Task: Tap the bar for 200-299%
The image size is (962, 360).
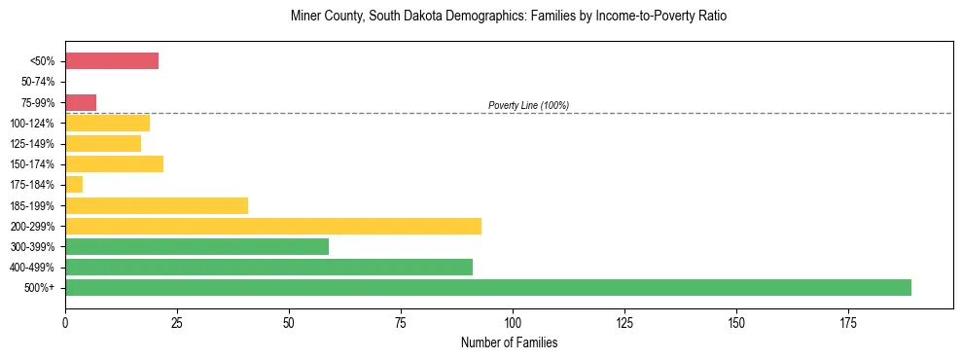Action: coord(273,226)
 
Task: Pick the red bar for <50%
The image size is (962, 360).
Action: coord(112,61)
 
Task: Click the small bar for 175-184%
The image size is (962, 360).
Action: coord(74,184)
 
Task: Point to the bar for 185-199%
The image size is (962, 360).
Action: coord(157,205)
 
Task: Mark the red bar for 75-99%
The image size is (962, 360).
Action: coord(81,102)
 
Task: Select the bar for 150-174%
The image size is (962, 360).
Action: coord(114,163)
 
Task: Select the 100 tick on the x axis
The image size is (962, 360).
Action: coord(513,321)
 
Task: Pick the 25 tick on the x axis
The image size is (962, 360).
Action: coord(177,321)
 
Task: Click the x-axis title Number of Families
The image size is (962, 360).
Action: coord(509,342)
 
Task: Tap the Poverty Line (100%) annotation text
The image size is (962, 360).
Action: coord(528,105)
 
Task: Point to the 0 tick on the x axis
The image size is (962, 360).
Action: coord(65,321)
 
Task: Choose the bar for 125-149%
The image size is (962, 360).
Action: coord(103,143)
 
